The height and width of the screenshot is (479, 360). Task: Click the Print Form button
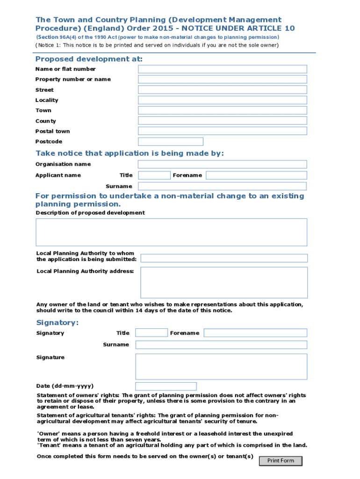point(281,461)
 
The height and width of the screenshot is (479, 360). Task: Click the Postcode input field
point(171,141)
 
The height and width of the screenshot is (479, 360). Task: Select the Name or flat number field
point(222,69)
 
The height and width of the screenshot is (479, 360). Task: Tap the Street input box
point(222,90)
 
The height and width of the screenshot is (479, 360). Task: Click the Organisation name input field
point(222,164)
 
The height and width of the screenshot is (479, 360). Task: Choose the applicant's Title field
point(154,175)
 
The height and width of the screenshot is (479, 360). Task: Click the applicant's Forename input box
point(256,175)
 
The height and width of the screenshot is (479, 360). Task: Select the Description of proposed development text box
point(172,232)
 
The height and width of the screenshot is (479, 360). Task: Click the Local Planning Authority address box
point(224,283)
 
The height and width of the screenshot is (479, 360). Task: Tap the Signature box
point(221,366)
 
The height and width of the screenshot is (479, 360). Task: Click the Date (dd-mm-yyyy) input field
point(166,386)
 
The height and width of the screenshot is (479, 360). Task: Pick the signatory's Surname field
point(221,345)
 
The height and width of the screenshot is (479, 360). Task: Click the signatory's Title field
point(151,333)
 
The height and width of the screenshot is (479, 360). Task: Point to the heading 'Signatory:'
point(58,323)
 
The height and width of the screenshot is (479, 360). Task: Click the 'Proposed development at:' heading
point(89,59)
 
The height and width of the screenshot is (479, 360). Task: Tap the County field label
point(45,121)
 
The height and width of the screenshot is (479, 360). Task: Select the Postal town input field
point(222,131)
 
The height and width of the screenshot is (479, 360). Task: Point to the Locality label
point(47,100)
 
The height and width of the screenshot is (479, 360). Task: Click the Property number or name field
point(222,80)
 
